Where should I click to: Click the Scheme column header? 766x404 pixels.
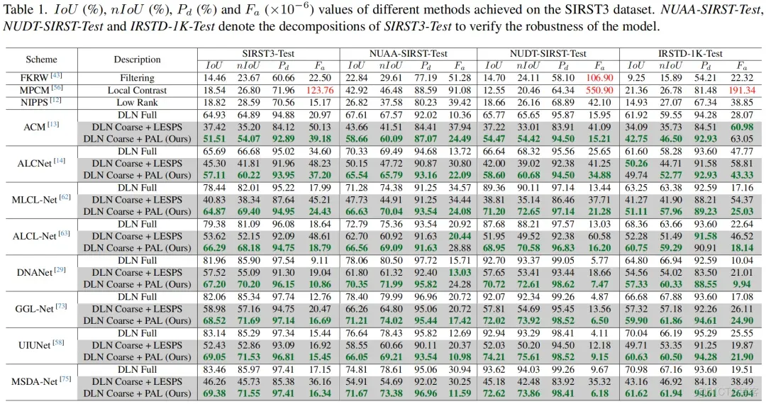click(41, 60)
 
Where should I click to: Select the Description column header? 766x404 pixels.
click(137, 60)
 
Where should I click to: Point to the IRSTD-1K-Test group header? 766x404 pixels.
click(689, 54)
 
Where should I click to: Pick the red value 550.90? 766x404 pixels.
click(600, 90)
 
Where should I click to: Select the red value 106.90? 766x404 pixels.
click(600, 77)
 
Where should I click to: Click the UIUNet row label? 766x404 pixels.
click(36, 344)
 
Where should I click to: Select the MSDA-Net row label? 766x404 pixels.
click(36, 381)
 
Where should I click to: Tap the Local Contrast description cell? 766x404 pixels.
click(137, 90)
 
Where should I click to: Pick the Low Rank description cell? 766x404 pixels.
click(137, 103)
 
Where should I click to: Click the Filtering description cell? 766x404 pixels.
click(137, 77)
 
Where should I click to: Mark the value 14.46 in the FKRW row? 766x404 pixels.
click(214, 77)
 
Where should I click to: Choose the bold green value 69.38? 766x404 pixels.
click(214, 393)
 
